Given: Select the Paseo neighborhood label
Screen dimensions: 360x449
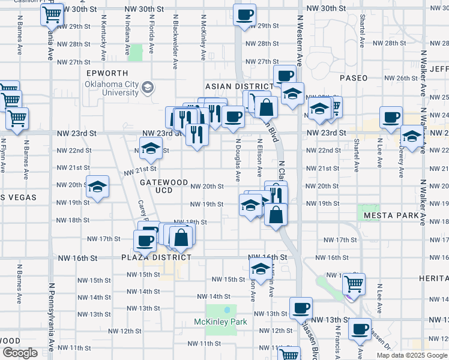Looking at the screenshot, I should point(354,79).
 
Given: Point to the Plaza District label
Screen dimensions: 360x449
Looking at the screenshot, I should point(156,257).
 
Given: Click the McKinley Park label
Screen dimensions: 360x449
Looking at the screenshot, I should point(220,322).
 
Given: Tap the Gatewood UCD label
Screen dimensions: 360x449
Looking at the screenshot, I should point(164,186).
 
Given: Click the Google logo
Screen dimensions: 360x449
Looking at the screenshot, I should point(20,353).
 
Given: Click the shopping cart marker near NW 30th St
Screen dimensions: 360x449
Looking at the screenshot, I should point(52,14).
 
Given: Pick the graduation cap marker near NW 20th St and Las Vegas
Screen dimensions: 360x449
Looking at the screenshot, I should point(97,187).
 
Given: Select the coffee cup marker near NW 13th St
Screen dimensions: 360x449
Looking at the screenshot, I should point(301,308).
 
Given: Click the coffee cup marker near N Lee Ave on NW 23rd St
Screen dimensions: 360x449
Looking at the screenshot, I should point(391,117).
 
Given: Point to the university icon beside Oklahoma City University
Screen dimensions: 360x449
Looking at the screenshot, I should point(147,89).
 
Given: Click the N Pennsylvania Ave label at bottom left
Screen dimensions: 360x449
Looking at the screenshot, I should point(52,318).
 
